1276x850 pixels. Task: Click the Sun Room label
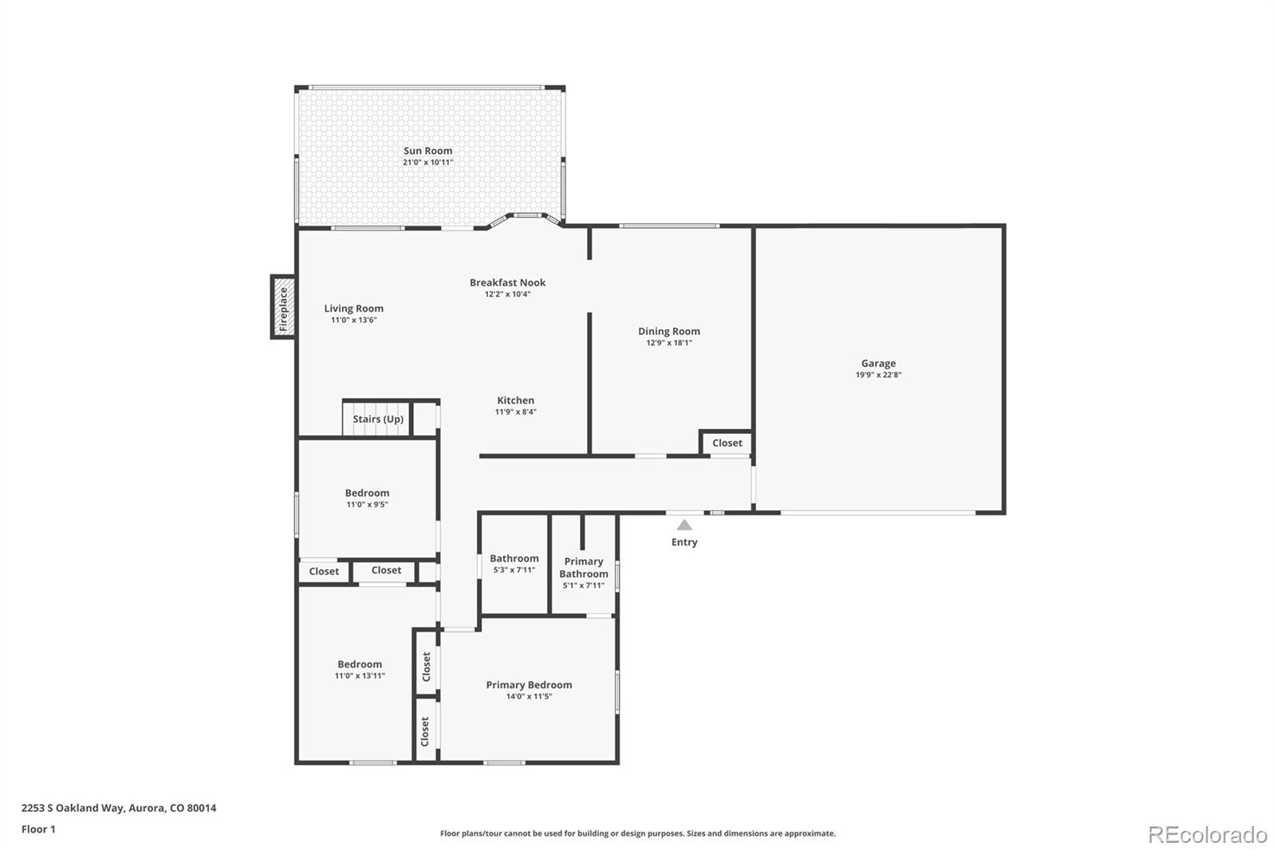427,151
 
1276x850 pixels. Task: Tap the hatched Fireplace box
283,307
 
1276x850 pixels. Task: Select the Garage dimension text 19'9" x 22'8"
878,374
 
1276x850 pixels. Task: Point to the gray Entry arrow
684,525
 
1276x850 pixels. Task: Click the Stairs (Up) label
378,419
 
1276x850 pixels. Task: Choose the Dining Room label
669,331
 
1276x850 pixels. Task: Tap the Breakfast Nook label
507,282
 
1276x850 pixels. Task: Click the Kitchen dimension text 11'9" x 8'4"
515,412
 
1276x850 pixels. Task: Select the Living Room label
354,309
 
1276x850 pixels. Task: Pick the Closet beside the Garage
727,443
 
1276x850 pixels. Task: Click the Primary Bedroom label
529,685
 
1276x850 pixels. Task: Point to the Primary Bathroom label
583,568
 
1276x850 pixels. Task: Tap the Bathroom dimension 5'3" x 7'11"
514,569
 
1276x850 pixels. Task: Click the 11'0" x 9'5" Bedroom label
368,493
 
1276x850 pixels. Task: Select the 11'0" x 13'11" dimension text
360,675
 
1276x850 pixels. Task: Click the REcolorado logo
1207,835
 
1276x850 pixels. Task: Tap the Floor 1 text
39,829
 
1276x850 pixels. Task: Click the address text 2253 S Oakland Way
73,808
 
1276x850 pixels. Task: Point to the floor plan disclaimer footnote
638,833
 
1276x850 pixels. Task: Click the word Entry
684,542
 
